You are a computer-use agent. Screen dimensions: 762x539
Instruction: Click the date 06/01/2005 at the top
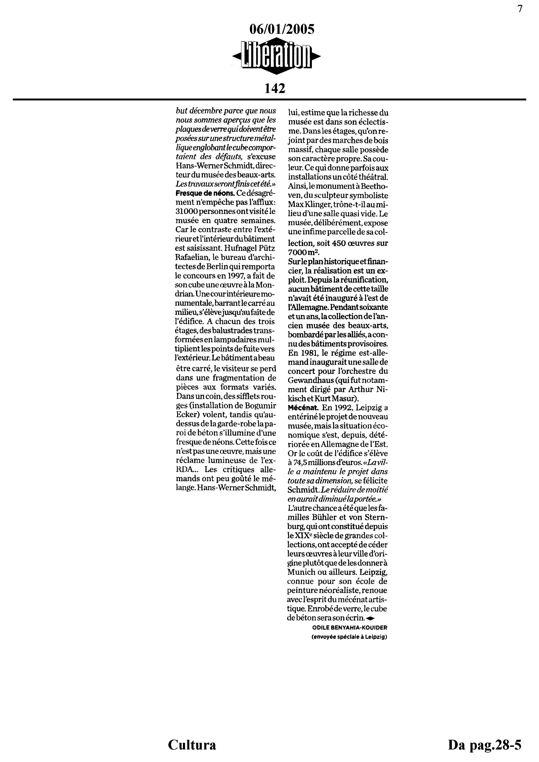[281, 30]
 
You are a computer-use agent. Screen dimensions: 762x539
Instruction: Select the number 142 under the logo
[274, 88]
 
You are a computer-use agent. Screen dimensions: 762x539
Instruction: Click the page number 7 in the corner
[520, 9]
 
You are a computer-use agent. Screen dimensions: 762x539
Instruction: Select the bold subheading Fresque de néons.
[205, 193]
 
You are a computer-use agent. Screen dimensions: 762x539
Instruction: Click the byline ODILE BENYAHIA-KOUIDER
[350, 628]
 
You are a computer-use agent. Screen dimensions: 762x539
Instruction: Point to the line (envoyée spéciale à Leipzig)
[349, 637]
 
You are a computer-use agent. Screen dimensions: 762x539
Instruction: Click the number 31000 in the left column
[187, 211]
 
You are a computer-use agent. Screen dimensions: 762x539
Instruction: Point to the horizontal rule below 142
[269, 99]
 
